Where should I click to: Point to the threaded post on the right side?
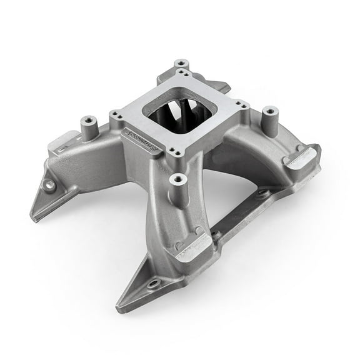(269, 113)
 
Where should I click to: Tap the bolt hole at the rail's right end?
(262, 192)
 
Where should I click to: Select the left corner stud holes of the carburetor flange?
(116, 115)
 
